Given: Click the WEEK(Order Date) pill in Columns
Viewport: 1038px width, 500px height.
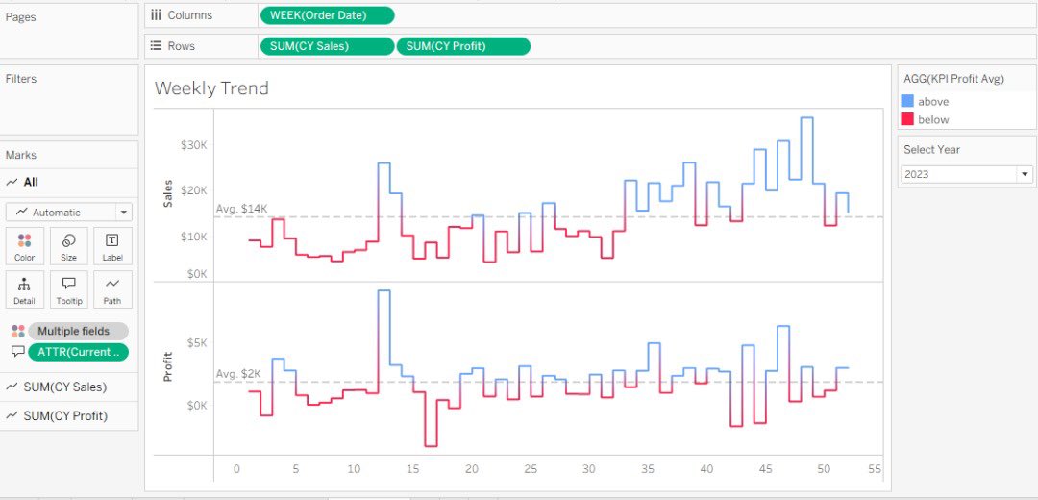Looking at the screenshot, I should [x=327, y=15].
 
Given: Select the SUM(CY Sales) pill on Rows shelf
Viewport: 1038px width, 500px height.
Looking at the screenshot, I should [x=327, y=46].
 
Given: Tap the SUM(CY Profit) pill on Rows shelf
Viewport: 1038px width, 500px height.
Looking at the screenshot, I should [x=463, y=46].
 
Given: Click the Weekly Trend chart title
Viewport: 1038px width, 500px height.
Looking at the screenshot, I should [x=211, y=88].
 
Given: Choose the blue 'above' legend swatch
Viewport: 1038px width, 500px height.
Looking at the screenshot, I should [x=907, y=101].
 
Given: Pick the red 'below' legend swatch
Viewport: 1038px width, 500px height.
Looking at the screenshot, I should [x=907, y=119].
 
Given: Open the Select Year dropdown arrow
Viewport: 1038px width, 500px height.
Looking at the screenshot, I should [x=1025, y=174].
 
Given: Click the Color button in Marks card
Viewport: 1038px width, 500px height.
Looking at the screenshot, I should [x=25, y=246].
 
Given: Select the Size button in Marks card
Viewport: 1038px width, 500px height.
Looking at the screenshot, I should [x=69, y=246].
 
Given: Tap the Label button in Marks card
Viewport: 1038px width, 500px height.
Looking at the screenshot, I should [x=112, y=246].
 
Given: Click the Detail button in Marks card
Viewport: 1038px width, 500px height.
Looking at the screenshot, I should [x=25, y=289].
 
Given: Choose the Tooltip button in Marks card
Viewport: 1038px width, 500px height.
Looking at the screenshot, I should [x=69, y=289].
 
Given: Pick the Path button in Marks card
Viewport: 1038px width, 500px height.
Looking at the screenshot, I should [x=112, y=289].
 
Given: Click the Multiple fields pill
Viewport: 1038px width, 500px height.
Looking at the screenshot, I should [x=78, y=331].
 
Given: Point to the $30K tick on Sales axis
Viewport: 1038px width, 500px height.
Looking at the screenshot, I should [x=193, y=145].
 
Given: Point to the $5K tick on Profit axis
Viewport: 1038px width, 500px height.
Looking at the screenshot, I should [x=196, y=342].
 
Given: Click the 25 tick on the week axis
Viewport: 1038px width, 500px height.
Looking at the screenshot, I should [x=531, y=469].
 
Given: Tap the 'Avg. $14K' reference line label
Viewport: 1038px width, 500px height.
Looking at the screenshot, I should [x=240, y=209].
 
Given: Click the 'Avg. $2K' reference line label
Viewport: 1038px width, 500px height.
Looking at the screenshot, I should [x=238, y=373].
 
